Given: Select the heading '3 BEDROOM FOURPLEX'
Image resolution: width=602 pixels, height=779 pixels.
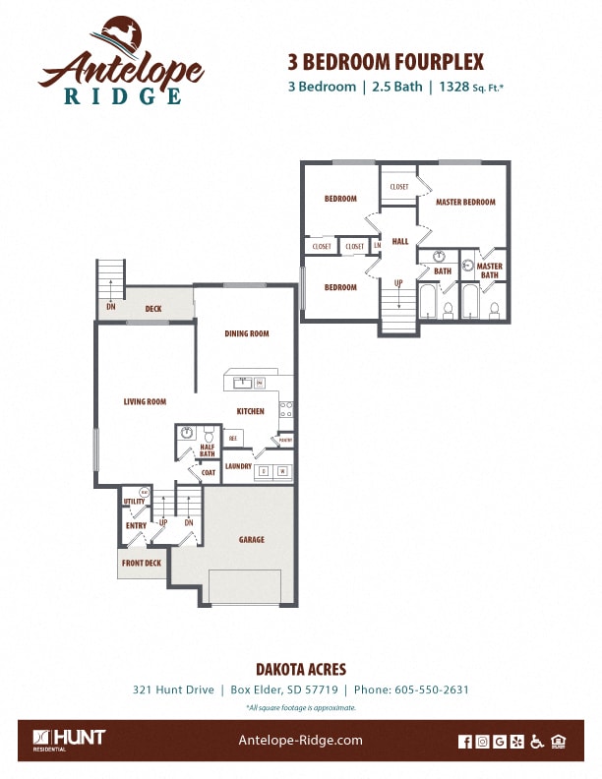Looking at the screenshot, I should click(386, 61).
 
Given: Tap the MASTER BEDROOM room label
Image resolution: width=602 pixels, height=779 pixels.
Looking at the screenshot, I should click(465, 202).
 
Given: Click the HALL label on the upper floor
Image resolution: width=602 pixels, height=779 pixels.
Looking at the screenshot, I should click(399, 241).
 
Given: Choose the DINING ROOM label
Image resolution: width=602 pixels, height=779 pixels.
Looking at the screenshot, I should click(247, 333).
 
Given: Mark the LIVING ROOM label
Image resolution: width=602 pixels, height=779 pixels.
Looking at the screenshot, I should click(145, 401).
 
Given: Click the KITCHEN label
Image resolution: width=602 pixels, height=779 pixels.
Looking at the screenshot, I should click(250, 411).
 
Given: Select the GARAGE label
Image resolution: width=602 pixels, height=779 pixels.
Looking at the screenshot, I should click(252, 539).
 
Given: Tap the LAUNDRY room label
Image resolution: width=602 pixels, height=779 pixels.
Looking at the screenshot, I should click(238, 466).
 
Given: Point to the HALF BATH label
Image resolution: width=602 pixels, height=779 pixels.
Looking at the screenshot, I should click(207, 449).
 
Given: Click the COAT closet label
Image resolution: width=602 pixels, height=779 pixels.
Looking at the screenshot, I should click(209, 472).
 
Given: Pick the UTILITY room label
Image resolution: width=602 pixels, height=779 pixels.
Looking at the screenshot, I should click(135, 502).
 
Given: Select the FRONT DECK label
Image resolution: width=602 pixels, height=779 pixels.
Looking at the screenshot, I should click(142, 564).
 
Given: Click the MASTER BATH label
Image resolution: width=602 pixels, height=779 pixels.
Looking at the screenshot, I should click(489, 270).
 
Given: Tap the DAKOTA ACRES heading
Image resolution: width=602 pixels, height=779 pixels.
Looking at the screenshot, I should click(301, 670).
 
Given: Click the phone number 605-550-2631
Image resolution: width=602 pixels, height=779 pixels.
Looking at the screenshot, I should click(431, 689).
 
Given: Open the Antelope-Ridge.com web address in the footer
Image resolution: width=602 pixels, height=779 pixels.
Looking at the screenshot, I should click(301, 741).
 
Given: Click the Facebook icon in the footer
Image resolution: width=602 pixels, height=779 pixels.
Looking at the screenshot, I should click(465, 742).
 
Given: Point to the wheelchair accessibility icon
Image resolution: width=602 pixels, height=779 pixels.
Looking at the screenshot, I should click(536, 742).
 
